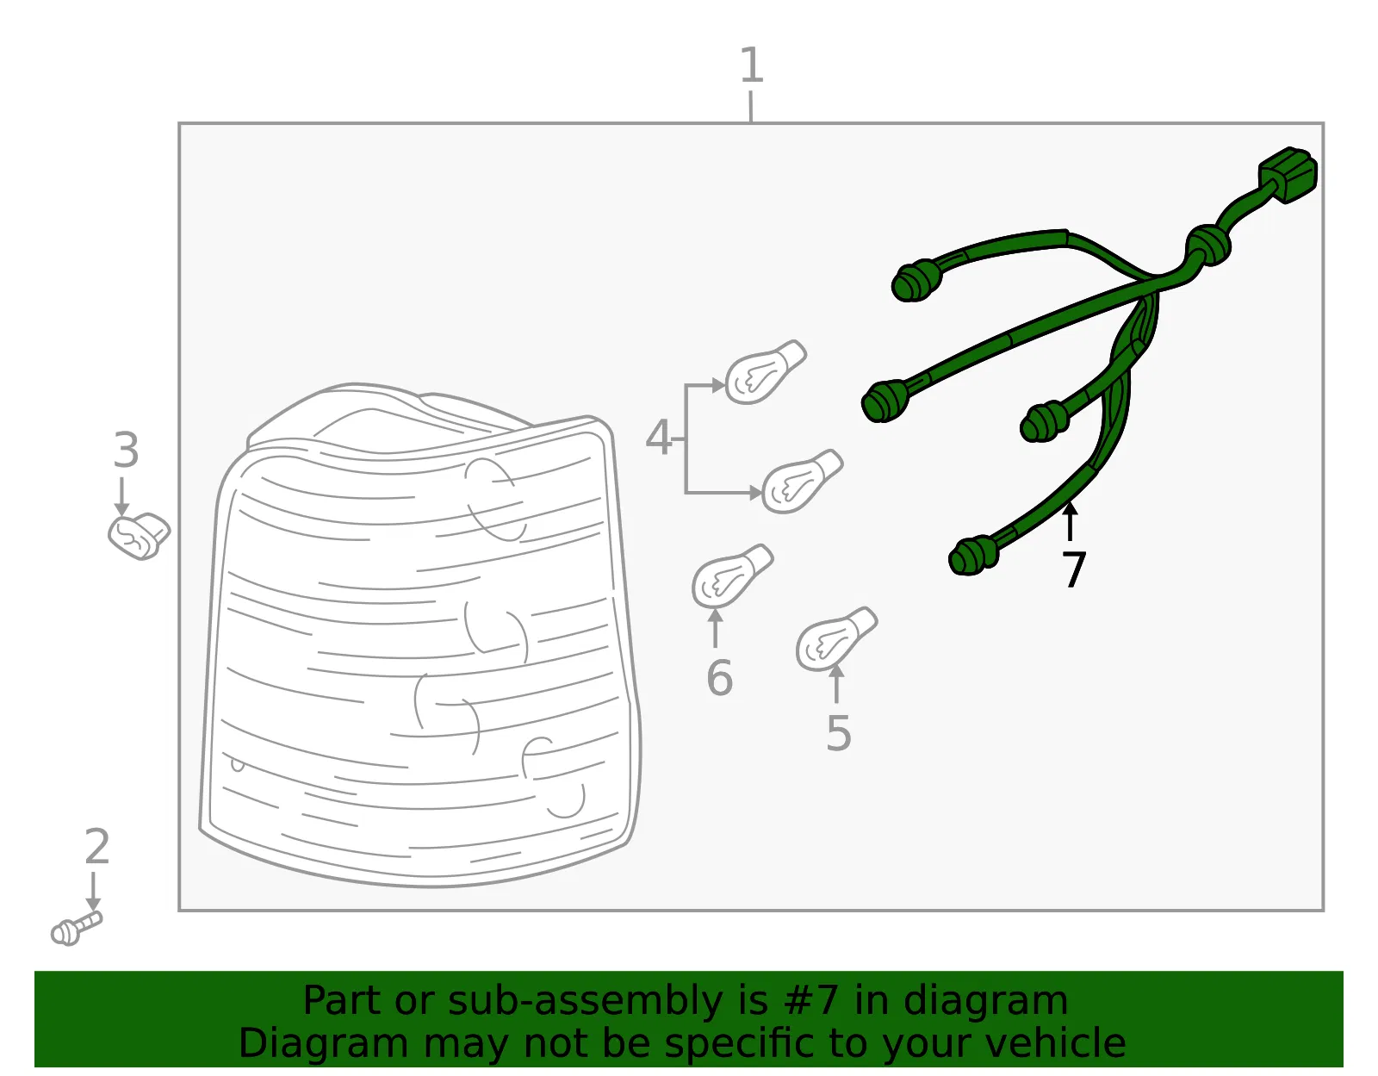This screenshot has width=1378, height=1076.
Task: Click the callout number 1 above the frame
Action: pos(752,65)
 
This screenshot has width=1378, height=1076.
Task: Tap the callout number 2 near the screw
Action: pos(97,847)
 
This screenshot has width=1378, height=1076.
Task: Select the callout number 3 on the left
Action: pos(126,451)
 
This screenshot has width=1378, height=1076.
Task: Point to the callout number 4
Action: pos(658,438)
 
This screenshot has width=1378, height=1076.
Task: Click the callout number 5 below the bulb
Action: pos(838,734)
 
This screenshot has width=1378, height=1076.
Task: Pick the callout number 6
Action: pos(720,679)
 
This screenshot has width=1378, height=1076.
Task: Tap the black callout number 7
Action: pos(1074,569)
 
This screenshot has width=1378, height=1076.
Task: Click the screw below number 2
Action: pos(76,929)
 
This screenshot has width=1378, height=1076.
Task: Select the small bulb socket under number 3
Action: pos(139,537)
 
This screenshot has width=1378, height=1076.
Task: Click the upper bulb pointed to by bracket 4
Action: pos(766,372)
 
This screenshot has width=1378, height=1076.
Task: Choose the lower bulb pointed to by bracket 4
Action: pos(802,482)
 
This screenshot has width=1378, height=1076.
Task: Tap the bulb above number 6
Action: pos(732,575)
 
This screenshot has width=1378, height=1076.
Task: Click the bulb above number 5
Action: pos(837,639)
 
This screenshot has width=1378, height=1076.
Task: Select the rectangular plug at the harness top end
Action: pos(1288,175)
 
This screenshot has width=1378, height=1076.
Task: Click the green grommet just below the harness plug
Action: pos(1208,246)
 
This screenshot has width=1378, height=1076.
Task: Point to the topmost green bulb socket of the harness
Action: pos(917,281)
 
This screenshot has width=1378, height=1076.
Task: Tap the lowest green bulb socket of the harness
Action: pos(973,556)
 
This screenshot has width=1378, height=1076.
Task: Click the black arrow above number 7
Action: pos(1070,521)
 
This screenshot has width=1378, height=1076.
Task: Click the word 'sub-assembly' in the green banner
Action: pos(585,1001)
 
